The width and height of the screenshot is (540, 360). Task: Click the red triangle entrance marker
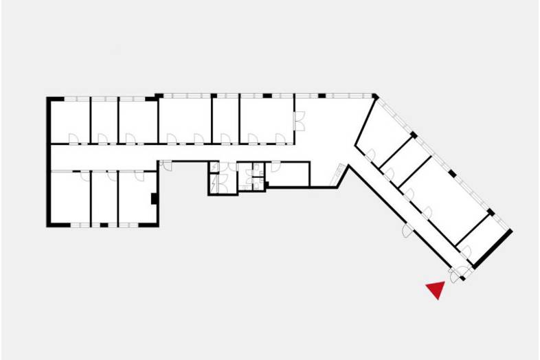[434, 291]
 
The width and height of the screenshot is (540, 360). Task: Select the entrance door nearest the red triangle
[454, 275]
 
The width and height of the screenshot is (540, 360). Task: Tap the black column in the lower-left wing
[155, 200]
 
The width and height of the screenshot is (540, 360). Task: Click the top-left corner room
[70, 121]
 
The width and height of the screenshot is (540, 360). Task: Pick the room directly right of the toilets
[288, 175]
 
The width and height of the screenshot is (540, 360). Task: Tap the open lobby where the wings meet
[323, 137]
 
